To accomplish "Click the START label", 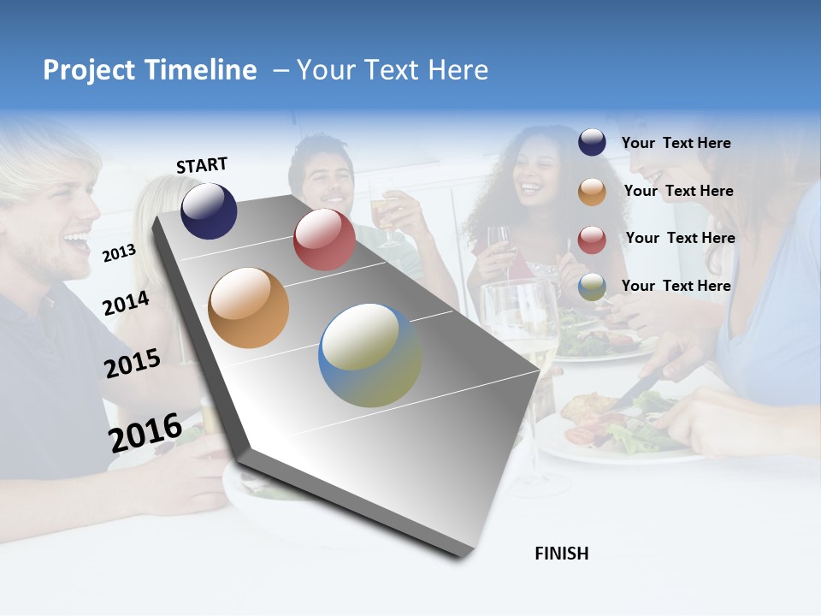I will [202, 165].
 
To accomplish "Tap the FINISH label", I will [561, 554].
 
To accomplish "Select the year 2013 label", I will [119, 252].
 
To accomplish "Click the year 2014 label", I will [126, 303].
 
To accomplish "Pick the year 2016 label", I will [145, 432].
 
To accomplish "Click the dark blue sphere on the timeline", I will [209, 211].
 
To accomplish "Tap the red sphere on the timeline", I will [324, 240].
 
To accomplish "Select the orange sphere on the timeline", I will [248, 308].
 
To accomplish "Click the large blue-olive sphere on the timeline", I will [370, 355].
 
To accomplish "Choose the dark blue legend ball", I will [592, 143].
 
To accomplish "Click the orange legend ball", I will [592, 192].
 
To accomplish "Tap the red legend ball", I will [592, 240].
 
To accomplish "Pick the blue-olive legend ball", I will [592, 287].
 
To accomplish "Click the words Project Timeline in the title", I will [150, 70].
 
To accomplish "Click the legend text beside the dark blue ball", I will [676, 143].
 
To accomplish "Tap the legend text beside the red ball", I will [680, 238].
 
